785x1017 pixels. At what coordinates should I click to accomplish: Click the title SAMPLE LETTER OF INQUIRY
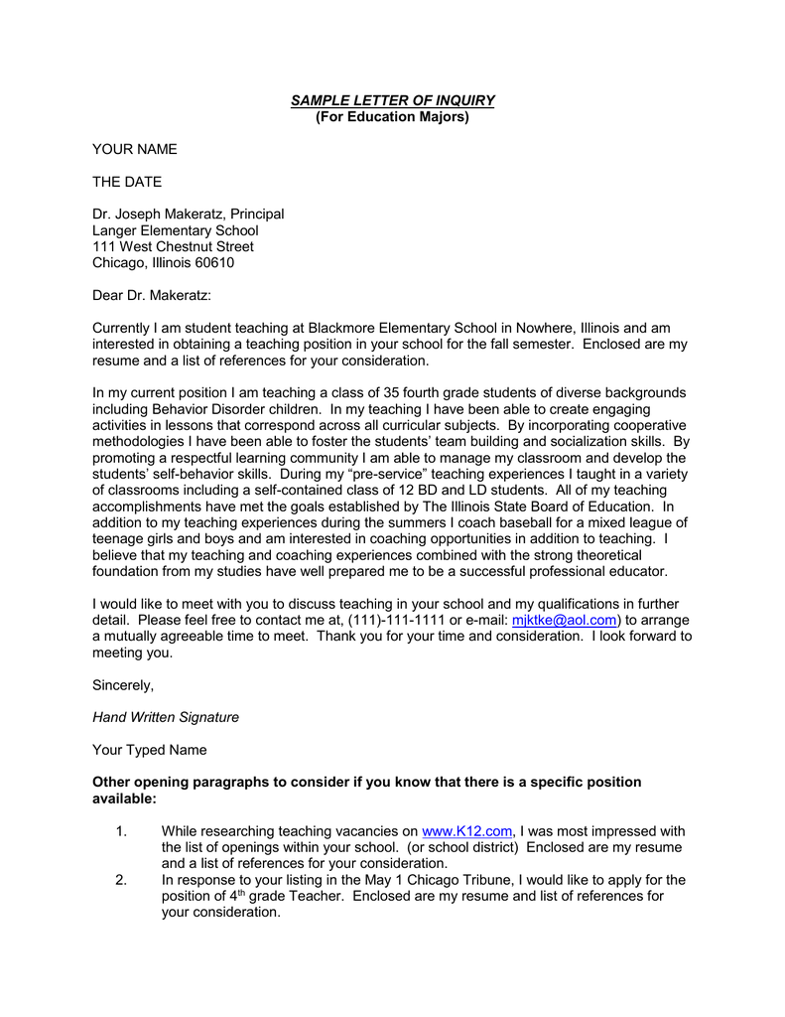point(392,101)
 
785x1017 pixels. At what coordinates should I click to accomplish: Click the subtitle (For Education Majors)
point(392,117)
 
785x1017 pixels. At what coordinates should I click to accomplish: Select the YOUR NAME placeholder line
point(134,149)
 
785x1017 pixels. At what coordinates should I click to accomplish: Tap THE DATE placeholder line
point(127,182)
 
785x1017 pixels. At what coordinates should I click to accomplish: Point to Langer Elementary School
point(175,230)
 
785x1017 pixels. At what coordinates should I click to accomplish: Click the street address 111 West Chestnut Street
point(173,246)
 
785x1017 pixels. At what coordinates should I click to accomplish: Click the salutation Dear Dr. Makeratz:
point(152,296)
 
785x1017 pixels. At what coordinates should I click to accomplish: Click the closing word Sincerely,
point(123,685)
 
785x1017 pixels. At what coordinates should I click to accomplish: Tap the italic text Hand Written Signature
point(166,717)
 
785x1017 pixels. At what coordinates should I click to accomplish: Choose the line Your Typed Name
point(150,750)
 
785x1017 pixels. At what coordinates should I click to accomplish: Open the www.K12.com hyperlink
point(466,831)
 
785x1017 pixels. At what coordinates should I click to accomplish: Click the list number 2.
point(121,880)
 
